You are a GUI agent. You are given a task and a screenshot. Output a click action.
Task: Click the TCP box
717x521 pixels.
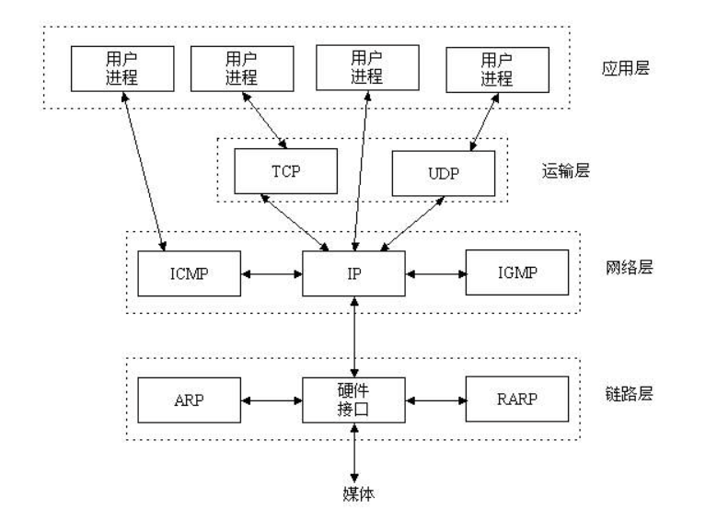click(x=286, y=171)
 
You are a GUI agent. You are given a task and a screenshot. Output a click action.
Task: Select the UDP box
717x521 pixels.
click(x=444, y=173)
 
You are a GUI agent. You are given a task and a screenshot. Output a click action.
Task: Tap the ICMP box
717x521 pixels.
click(x=190, y=273)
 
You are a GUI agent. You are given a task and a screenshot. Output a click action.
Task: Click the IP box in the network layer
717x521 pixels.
click(x=354, y=273)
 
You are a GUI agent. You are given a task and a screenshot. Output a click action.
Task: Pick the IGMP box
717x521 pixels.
click(x=517, y=272)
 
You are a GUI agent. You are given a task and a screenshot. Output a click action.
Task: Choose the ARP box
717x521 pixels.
click(x=190, y=400)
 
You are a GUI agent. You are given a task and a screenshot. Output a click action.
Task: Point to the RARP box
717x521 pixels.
click(x=517, y=399)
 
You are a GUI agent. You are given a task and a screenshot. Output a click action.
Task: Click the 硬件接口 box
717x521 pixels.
click(x=354, y=400)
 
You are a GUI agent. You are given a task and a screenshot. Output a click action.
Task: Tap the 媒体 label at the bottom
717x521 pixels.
click(x=359, y=494)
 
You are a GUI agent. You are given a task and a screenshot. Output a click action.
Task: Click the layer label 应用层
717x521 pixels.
click(x=626, y=68)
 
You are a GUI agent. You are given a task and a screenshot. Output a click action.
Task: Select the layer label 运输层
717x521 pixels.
click(x=566, y=170)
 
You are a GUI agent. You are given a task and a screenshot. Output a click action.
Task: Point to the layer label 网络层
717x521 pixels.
click(x=630, y=267)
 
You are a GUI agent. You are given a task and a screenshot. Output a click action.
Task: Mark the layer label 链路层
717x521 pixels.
click(x=630, y=393)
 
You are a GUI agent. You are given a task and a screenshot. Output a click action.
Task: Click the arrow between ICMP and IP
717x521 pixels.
click(x=272, y=274)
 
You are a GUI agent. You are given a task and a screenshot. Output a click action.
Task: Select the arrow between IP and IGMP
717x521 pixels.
click(x=435, y=274)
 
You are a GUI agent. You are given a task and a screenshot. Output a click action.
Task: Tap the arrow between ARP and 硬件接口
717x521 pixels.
click(x=272, y=400)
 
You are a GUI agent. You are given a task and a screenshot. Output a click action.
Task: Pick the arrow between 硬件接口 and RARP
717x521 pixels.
click(x=435, y=400)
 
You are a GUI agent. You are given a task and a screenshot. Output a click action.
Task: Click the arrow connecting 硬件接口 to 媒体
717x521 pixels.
click(x=354, y=453)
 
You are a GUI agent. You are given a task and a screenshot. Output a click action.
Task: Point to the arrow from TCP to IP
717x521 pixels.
click(x=295, y=223)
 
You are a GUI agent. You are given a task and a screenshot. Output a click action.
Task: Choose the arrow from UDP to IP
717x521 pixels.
click(x=412, y=224)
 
